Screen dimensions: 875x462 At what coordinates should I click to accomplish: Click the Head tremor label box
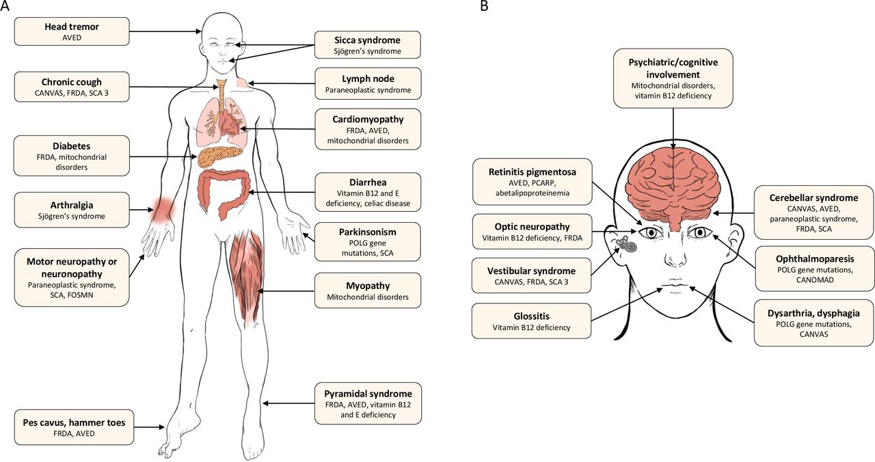[72, 31]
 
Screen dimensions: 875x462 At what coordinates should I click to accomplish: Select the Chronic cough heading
[72, 82]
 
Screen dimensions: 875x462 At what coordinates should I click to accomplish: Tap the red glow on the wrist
[163, 208]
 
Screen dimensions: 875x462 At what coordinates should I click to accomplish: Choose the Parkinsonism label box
[368, 242]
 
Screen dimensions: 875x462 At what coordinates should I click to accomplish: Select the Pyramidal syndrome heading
[368, 394]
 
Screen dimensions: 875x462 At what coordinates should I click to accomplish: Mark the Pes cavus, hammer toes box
[75, 427]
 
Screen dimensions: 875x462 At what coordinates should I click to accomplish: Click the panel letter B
[484, 6]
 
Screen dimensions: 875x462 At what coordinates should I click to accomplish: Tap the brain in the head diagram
[672, 189]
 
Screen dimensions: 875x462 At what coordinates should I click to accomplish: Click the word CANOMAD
[814, 280]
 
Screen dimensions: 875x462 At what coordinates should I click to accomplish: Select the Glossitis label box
[531, 321]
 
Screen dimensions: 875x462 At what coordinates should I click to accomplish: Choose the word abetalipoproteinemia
[533, 193]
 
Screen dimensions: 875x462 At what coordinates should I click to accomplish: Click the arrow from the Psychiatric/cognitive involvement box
[673, 128]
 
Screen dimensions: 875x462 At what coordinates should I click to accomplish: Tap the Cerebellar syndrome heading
[813, 198]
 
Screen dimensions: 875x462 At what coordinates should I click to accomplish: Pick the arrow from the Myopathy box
[286, 291]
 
